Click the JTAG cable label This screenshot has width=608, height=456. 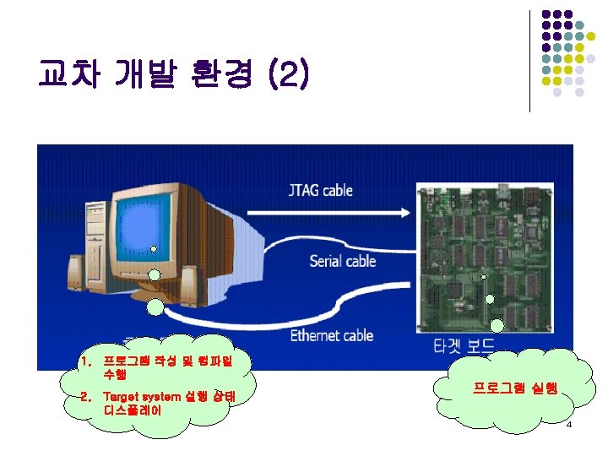coord(320,191)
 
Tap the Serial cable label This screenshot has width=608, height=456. coord(342,260)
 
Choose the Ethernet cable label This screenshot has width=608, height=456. coord(332,335)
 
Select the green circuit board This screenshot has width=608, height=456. coord(490,258)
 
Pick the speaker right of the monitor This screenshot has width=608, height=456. coord(190,281)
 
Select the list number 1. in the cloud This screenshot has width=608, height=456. coord(84,361)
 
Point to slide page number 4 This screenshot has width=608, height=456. coord(569,424)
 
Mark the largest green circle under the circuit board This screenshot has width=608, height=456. coord(497,325)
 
